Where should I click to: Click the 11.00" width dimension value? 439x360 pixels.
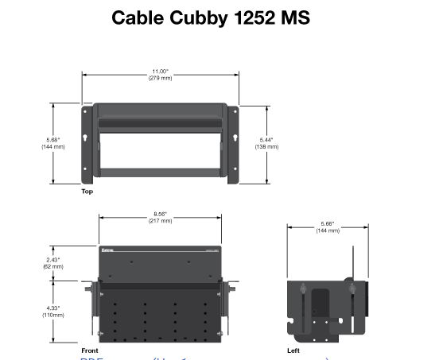click(x=160, y=72)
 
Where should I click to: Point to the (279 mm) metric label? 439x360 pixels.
click(x=160, y=78)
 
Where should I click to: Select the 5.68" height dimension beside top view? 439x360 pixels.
click(x=53, y=140)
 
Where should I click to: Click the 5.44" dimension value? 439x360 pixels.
click(x=266, y=140)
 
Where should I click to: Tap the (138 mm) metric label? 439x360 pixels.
click(x=266, y=147)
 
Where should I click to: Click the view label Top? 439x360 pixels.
click(x=87, y=192)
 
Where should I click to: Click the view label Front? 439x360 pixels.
click(x=90, y=350)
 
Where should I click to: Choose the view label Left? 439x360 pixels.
click(x=293, y=350)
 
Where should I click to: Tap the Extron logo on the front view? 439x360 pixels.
click(x=108, y=250)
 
